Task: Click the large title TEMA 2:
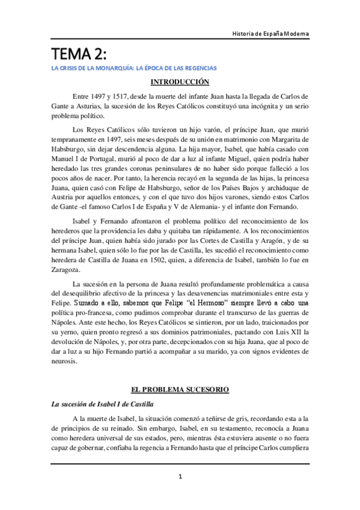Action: (x=78, y=54)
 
